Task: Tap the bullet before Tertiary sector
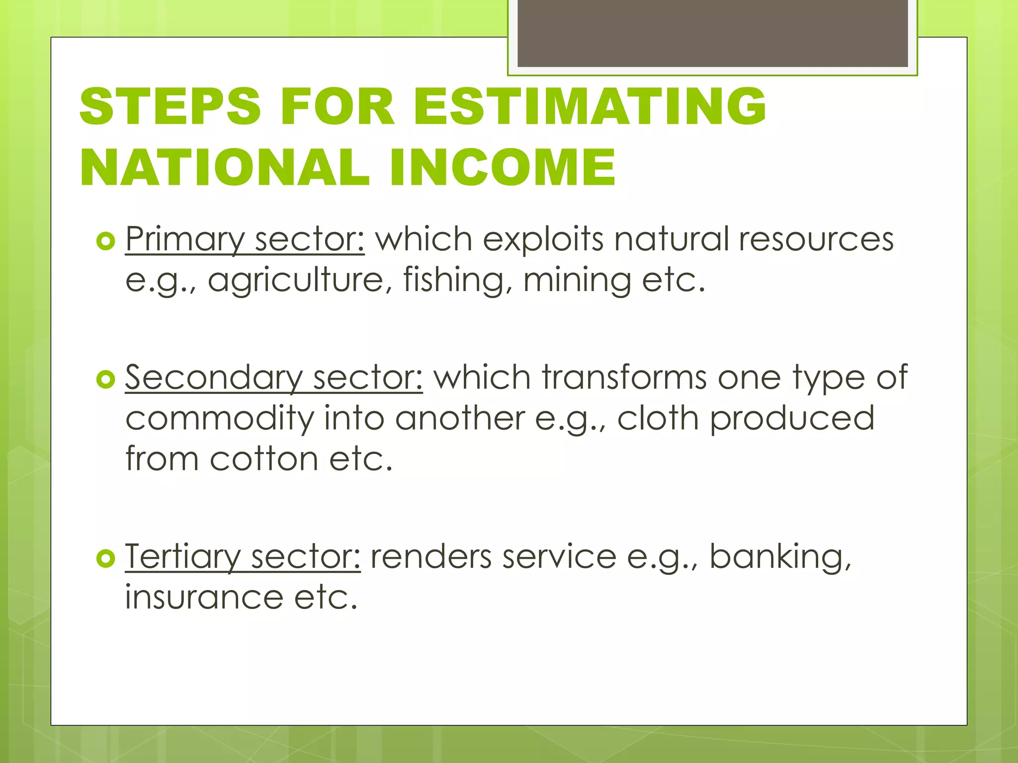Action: coord(105,559)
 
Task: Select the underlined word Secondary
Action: coord(213,378)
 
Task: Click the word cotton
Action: coord(264,458)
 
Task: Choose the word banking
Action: coord(779,557)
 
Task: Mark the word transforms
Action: coord(624,378)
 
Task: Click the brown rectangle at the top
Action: coord(712,33)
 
